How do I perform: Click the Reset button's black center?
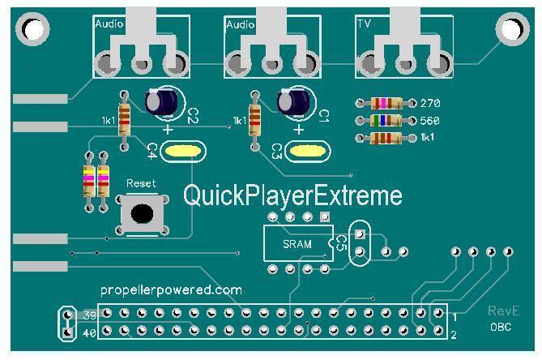click(142, 214)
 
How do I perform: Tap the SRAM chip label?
click(297, 244)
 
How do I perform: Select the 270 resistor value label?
click(430, 103)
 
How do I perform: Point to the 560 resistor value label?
click(429, 120)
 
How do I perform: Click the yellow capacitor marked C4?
click(182, 151)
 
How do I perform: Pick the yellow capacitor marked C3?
click(307, 151)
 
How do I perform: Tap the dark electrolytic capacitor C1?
click(294, 101)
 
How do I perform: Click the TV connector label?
click(364, 24)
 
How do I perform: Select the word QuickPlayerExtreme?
click(292, 195)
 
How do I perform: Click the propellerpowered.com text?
click(171, 289)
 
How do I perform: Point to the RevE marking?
click(503, 311)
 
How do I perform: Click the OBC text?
click(501, 327)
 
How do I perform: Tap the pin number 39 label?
click(90, 315)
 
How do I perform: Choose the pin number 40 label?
click(89, 333)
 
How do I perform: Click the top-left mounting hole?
click(33, 29)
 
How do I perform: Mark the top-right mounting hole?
click(512, 29)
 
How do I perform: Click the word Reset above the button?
click(141, 183)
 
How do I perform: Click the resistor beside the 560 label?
click(386, 120)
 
